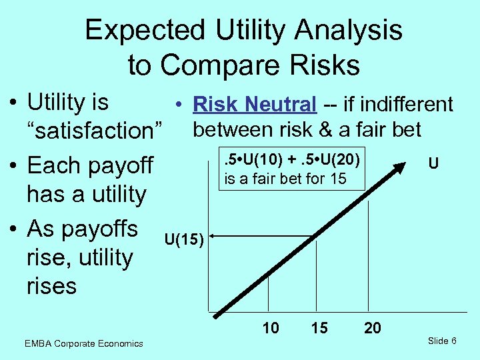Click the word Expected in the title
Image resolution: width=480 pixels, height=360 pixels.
[143, 31]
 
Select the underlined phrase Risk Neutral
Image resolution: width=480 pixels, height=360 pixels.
[253, 105]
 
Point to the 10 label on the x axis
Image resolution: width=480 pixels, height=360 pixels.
[271, 328]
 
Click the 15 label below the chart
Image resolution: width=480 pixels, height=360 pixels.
[319, 328]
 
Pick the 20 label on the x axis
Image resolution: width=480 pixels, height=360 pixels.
[372, 328]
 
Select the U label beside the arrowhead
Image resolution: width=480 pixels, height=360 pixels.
[433, 163]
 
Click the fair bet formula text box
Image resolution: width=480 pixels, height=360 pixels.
[293, 169]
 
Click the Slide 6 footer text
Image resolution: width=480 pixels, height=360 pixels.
[442, 341]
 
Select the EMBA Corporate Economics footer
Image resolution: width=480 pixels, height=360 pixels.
[83, 343]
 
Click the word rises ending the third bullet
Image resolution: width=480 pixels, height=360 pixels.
[51, 287]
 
